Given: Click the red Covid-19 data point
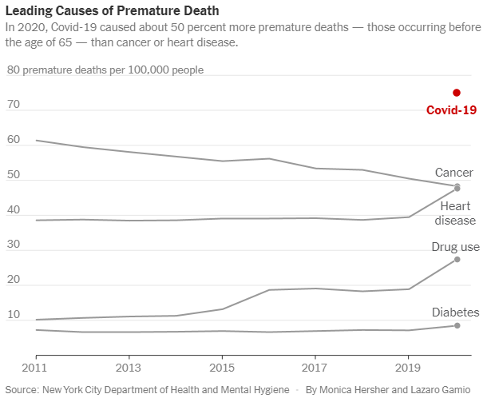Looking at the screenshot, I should (457, 93).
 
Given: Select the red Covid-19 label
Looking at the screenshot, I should (451, 110).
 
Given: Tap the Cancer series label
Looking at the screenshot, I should (453, 173).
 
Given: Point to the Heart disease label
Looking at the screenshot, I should (457, 213).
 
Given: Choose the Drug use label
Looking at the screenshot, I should (455, 248).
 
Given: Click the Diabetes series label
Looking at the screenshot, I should (455, 312).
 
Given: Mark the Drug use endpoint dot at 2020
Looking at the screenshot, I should (457, 260).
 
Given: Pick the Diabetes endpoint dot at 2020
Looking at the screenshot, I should (457, 325).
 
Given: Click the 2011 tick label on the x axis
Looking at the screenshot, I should (35, 369).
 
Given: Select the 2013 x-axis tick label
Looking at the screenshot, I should (129, 369).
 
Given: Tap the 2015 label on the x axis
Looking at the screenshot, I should (222, 369).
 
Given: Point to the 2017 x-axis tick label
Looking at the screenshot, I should (315, 369).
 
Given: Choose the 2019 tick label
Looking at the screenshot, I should (409, 369).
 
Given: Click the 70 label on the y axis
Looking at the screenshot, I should (13, 105).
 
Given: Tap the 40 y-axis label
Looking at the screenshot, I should (13, 209).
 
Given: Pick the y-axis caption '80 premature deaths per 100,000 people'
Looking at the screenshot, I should (105, 70).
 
